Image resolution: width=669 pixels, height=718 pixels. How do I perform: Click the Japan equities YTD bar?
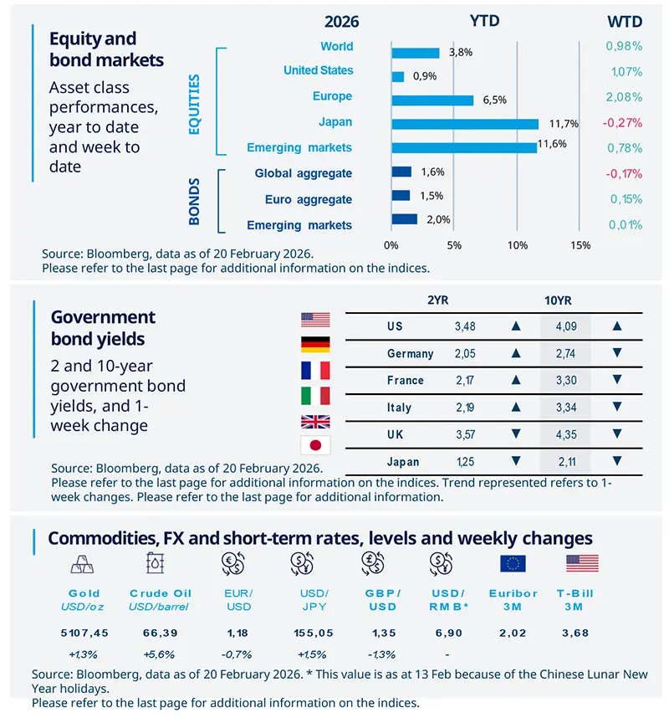pyautogui.click(x=464, y=123)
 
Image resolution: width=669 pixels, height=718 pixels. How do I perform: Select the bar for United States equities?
pyautogui.click(x=397, y=76)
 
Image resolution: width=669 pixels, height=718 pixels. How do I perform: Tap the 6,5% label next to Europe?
pyautogui.click(x=491, y=100)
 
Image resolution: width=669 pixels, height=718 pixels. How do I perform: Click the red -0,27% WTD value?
pyautogui.click(x=622, y=122)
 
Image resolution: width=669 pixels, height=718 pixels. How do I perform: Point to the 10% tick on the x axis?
pyautogui.click(x=517, y=245)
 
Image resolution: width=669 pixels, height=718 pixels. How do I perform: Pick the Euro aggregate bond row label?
pyautogui.click(x=309, y=199)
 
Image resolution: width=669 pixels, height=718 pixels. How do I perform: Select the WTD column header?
pyautogui.click(x=623, y=21)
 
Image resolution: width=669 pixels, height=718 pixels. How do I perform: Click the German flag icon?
pyautogui.click(x=315, y=345)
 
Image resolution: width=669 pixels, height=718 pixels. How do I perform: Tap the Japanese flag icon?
pyautogui.click(x=315, y=445)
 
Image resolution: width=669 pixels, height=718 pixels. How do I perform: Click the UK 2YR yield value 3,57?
pyautogui.click(x=464, y=433)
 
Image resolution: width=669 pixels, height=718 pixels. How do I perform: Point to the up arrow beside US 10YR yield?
pyautogui.click(x=617, y=326)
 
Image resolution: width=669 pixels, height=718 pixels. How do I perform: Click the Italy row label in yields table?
pyautogui.click(x=399, y=408)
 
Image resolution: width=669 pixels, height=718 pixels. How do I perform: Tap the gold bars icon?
pyautogui.click(x=83, y=563)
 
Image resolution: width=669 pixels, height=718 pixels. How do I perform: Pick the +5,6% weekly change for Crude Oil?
pyautogui.click(x=159, y=654)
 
